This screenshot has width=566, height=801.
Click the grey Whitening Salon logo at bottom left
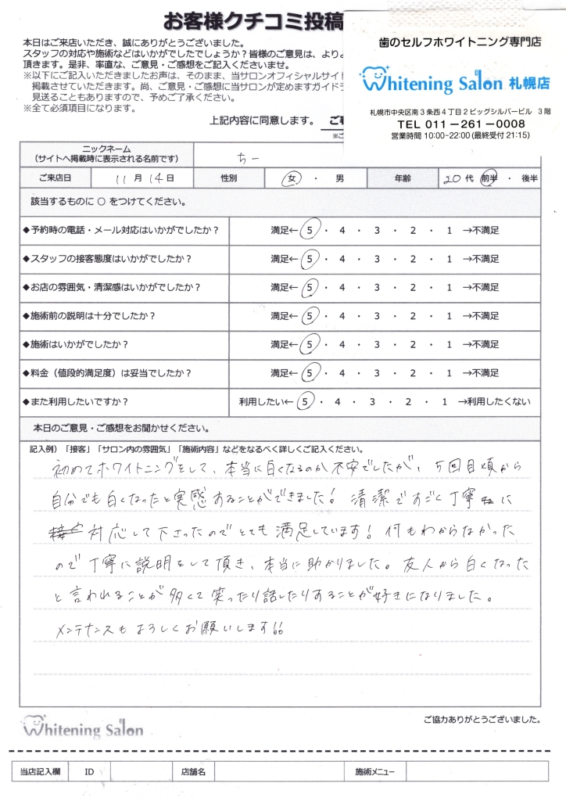coord(83,729)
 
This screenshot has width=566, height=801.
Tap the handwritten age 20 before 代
coord(452,178)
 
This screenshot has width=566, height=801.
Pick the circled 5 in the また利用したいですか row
coord(308,402)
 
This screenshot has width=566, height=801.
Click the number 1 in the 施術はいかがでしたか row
coord(449,344)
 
